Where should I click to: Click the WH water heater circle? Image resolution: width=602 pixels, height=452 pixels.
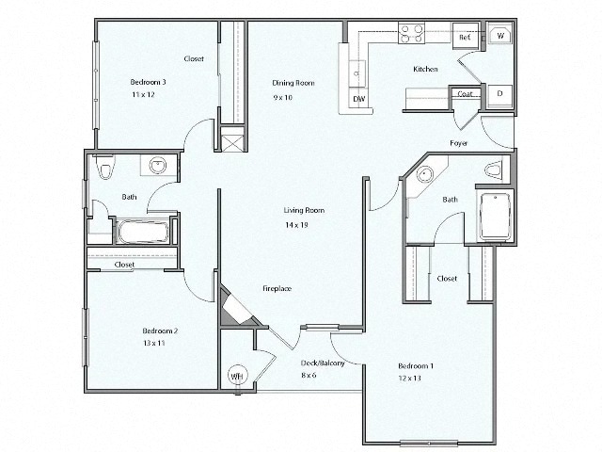coord(236,376)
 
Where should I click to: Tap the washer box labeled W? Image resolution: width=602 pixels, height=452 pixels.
coord(500,36)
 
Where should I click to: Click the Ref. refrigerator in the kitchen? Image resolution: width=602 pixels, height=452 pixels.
coord(465,37)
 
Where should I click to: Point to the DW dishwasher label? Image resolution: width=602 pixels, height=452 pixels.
coord(358,98)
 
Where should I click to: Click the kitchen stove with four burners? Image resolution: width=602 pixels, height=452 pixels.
coord(411,34)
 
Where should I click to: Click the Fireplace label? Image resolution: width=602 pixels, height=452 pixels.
coord(276,288)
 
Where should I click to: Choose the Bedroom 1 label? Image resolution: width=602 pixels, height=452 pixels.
coord(415,365)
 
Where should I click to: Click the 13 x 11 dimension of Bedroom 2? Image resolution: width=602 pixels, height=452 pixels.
coord(154,345)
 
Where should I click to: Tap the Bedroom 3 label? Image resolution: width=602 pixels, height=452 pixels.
coord(148,82)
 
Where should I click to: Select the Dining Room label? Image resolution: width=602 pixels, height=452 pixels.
coord(293,83)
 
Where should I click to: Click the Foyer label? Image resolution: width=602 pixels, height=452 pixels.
coord(458,143)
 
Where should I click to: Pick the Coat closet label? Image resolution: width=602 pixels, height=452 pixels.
coord(465,94)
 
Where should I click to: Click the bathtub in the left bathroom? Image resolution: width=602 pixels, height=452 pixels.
coord(143,231)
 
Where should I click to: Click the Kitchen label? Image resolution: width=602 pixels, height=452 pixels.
coord(425,70)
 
